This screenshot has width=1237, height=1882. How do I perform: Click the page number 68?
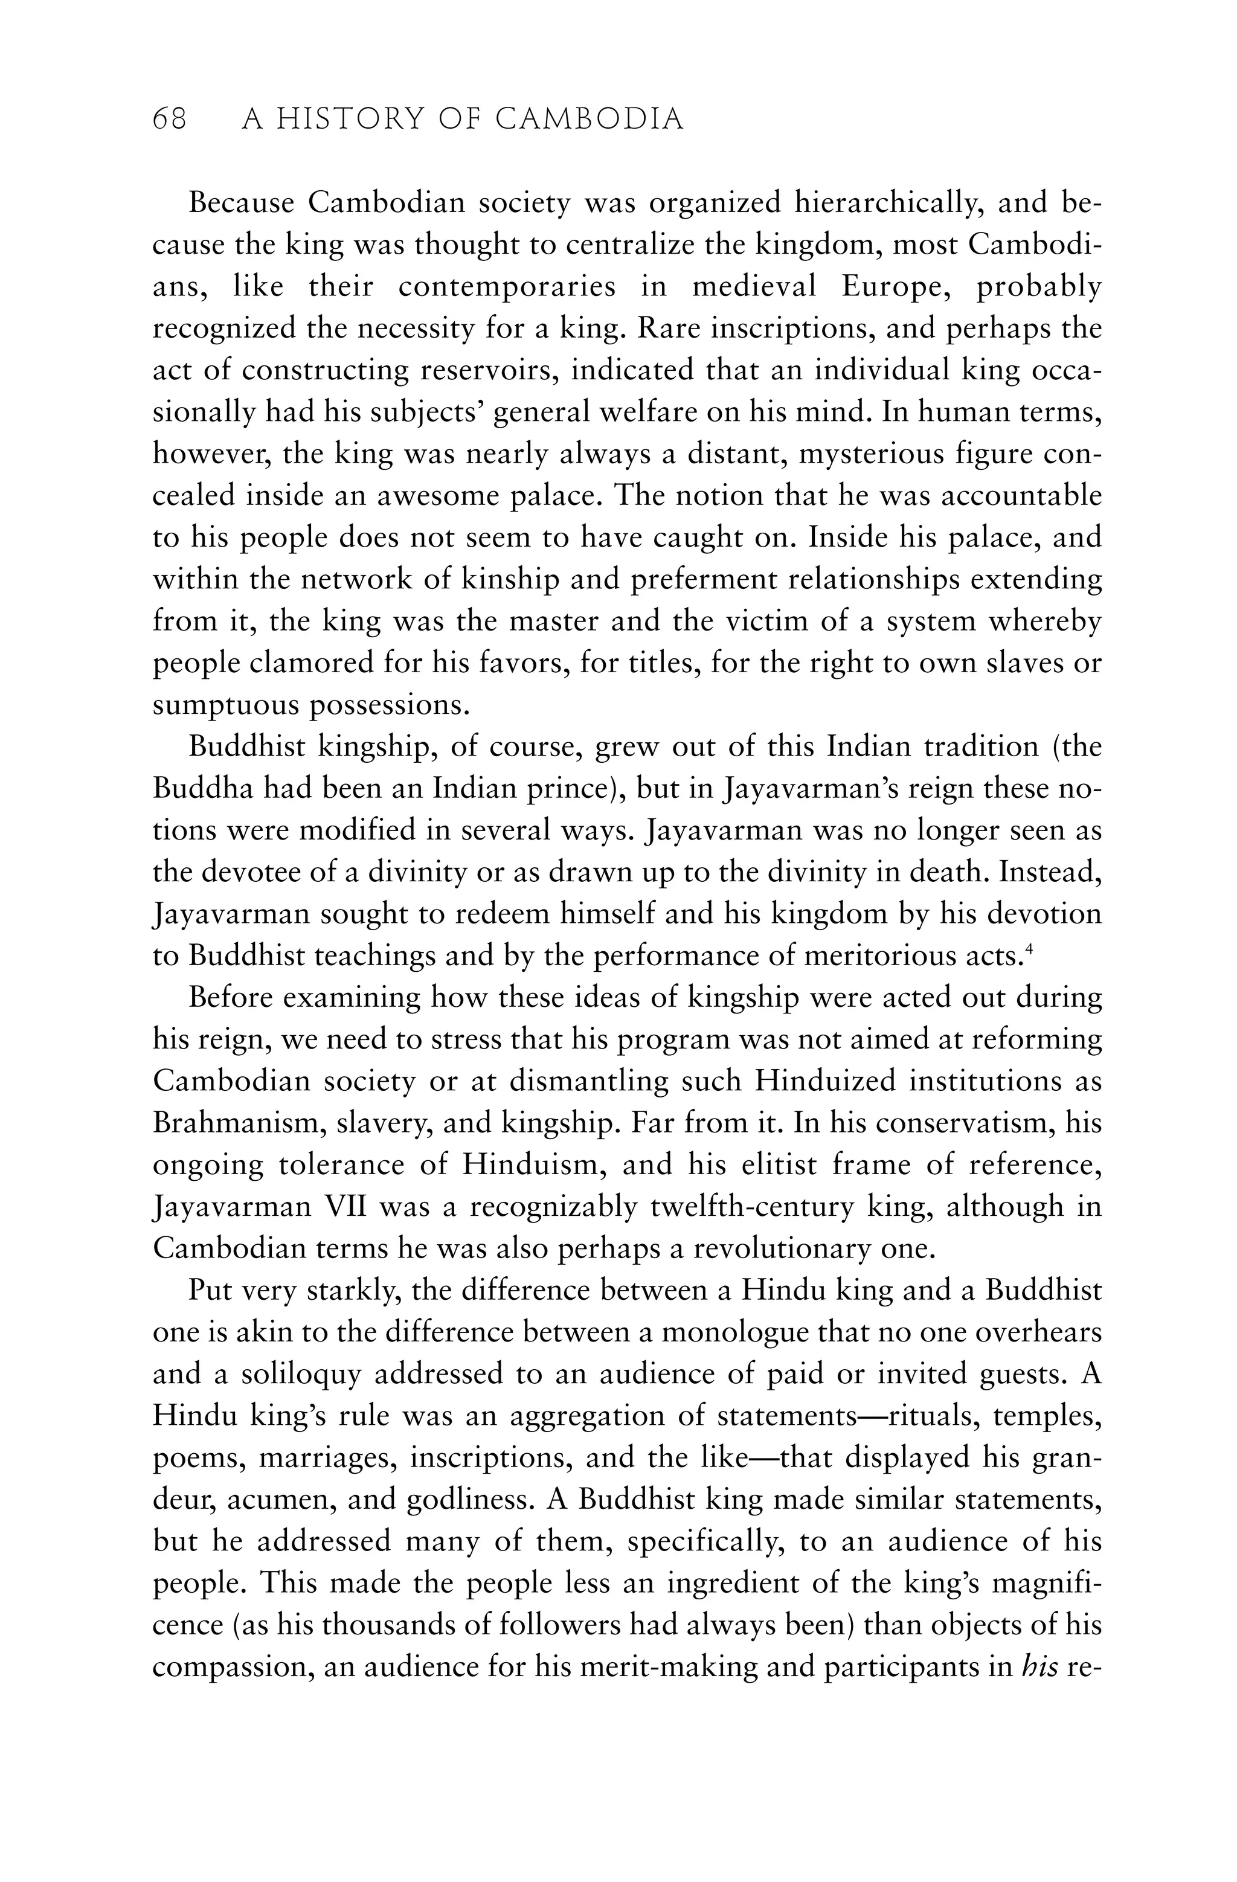[x=169, y=120]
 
